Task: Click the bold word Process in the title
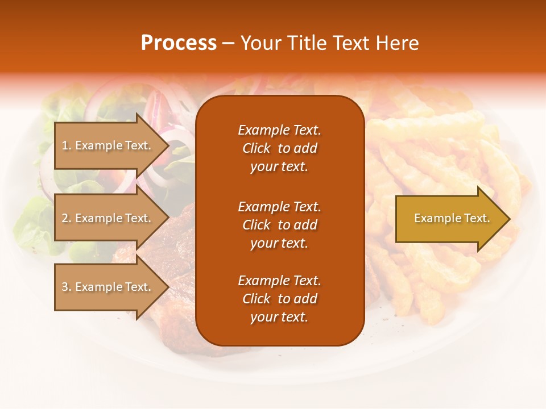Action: point(179,43)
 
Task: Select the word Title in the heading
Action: point(308,43)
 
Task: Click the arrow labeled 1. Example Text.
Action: point(108,145)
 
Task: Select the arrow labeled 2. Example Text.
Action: point(108,218)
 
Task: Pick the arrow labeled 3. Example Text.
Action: point(108,287)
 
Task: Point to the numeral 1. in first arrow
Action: point(67,145)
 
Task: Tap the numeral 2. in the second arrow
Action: point(67,218)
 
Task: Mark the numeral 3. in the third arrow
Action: point(67,287)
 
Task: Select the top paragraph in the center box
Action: point(279,148)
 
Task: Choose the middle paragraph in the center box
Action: point(279,225)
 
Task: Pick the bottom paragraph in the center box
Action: point(279,299)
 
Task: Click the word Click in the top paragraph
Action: point(256,148)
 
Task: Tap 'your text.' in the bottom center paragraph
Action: point(279,317)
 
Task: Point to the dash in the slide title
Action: point(228,43)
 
